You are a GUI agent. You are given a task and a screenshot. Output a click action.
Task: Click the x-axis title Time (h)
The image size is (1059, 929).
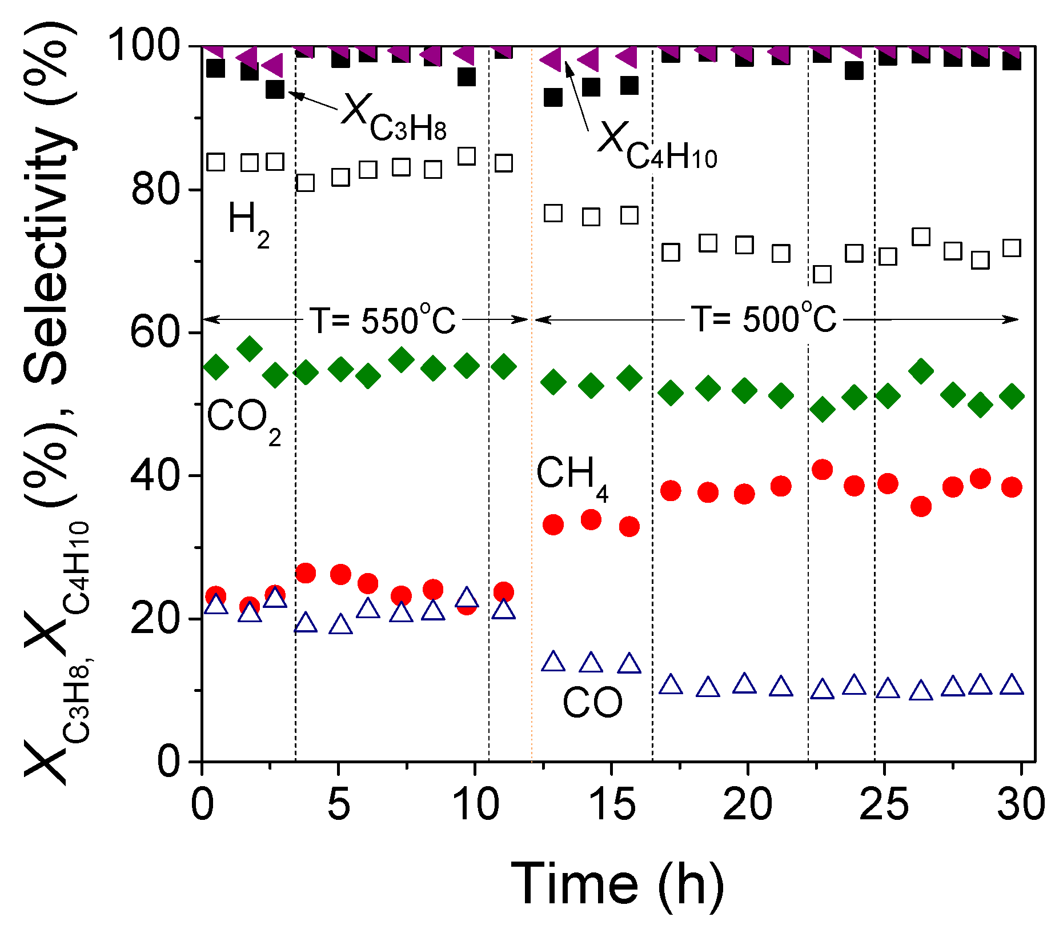[x=617, y=886]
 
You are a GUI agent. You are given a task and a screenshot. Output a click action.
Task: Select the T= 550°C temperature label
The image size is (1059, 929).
[x=382, y=320]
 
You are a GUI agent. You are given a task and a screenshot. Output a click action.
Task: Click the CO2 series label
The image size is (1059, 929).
[x=243, y=420]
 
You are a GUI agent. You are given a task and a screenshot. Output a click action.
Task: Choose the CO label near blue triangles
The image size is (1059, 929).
[x=592, y=703]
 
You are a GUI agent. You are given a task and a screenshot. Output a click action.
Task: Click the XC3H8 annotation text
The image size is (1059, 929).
[x=394, y=117]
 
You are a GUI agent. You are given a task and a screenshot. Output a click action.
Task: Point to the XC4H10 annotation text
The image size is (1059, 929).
[x=657, y=146]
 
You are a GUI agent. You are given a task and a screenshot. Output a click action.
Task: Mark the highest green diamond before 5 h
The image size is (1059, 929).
[x=250, y=348]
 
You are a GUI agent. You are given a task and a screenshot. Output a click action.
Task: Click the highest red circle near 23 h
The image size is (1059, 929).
[x=822, y=470]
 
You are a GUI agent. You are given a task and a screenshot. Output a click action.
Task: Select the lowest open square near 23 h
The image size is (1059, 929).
[x=822, y=275]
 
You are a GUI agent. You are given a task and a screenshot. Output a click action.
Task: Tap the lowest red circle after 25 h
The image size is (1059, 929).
[x=921, y=506]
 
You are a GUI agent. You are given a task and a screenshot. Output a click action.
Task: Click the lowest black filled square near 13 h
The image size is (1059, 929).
[x=553, y=98]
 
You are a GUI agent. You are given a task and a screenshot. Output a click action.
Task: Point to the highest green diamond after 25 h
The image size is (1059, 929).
[x=921, y=371]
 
